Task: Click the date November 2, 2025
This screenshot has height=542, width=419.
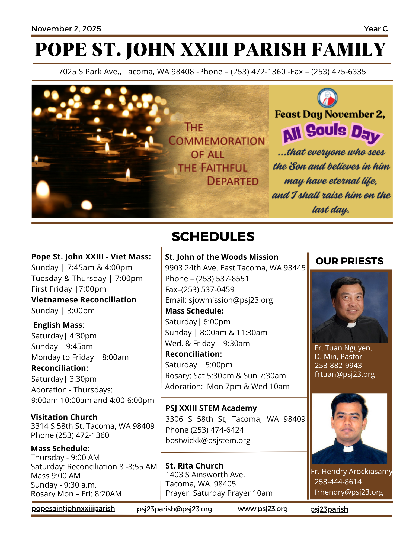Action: coord(66,29)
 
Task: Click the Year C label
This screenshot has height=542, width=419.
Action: coord(376,29)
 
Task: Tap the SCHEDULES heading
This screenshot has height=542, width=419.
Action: coord(213,237)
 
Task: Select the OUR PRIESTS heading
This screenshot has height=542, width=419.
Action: coord(349,261)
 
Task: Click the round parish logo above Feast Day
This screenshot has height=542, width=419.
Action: coord(327,98)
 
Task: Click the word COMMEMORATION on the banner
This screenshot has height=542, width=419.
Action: coord(216,141)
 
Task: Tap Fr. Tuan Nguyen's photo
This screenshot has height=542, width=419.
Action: coord(350,307)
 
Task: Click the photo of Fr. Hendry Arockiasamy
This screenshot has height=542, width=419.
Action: coord(349,428)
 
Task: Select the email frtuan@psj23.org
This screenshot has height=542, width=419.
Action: coord(344,374)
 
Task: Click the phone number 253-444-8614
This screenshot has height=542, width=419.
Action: coord(338,482)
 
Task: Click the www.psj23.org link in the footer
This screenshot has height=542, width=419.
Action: coord(263,509)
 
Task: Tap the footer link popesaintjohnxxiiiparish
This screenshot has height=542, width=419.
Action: coord(73,508)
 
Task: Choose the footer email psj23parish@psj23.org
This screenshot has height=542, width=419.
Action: coord(174,509)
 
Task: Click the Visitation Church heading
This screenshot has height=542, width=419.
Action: coord(64,417)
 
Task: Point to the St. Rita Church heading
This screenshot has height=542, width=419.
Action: coord(194,466)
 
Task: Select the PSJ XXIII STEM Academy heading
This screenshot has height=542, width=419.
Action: coord(211,408)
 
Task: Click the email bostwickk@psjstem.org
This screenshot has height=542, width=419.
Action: coord(208,440)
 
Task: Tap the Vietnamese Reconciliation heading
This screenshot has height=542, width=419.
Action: coord(84,300)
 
